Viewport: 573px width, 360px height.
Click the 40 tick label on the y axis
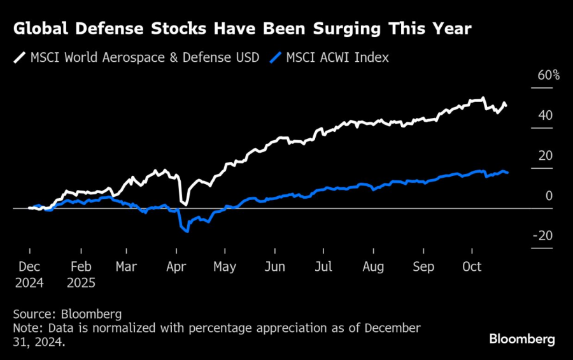(x=546, y=115)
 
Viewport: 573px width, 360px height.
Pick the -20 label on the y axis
(x=542, y=236)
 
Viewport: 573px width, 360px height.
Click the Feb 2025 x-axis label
(x=80, y=275)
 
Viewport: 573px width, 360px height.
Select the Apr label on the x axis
(x=176, y=267)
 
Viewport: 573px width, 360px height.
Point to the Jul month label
(x=323, y=267)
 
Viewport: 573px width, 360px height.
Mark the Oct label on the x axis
(x=472, y=267)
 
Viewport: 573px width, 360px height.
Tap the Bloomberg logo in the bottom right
(x=522, y=339)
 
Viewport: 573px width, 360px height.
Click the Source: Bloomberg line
(x=67, y=314)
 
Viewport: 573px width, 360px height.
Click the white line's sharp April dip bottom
(x=185, y=204)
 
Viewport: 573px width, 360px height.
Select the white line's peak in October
(x=483, y=98)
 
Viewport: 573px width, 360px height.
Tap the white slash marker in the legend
(x=18, y=58)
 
